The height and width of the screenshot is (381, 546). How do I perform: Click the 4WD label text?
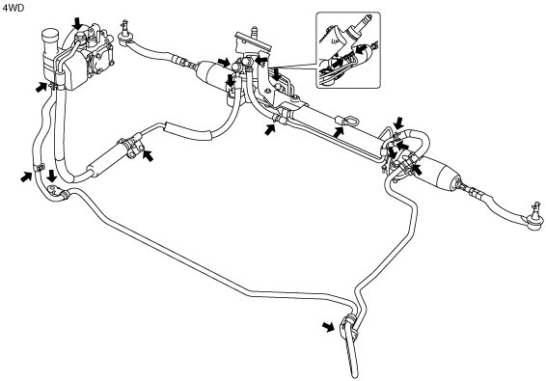14,8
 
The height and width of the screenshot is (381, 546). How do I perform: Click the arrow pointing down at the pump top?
77,24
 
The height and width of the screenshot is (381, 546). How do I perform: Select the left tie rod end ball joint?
124,34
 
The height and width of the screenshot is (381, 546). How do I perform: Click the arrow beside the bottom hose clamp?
328,327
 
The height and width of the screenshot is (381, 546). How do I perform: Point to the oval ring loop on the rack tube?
347,122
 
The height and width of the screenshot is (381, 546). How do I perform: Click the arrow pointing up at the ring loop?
338,132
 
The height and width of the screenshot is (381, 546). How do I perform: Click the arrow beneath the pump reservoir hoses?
41,87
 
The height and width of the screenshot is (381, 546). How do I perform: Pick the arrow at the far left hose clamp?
26,177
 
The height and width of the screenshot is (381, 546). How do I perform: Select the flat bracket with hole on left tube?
56,191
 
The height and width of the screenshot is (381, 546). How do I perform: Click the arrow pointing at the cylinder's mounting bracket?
148,155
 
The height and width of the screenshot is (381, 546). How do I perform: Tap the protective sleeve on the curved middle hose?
188,130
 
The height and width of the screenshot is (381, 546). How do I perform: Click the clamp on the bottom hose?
348,327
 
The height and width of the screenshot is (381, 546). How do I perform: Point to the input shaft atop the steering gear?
254,31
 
